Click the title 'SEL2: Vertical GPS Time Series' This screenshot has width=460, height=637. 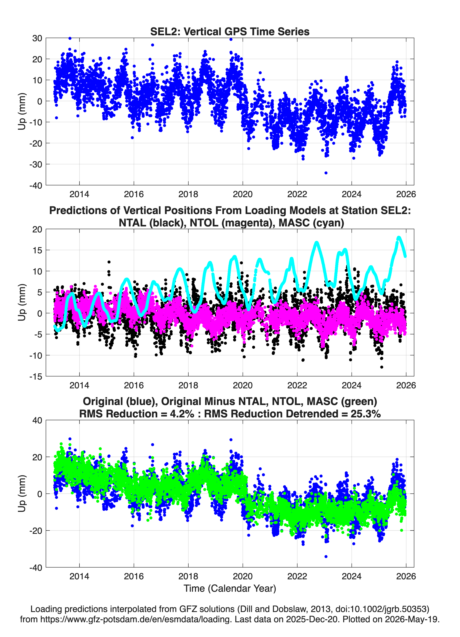(x=230, y=31)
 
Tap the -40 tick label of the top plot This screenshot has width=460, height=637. (x=36, y=185)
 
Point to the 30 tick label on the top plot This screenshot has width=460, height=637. (x=37, y=38)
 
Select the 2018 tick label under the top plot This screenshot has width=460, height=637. (x=188, y=194)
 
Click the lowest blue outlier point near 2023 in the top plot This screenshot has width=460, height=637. (x=326, y=173)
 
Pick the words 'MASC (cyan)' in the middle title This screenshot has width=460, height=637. (x=311, y=223)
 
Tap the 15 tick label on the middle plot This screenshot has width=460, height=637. (x=37, y=250)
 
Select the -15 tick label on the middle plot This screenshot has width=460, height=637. (x=36, y=376)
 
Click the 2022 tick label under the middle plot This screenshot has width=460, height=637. (x=297, y=385)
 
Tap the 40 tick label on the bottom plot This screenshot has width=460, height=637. (x=37, y=420)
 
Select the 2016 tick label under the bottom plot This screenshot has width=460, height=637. (x=134, y=576)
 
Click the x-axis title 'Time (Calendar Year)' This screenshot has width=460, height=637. (x=230, y=589)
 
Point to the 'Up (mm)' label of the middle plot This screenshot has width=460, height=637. (x=22, y=302)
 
